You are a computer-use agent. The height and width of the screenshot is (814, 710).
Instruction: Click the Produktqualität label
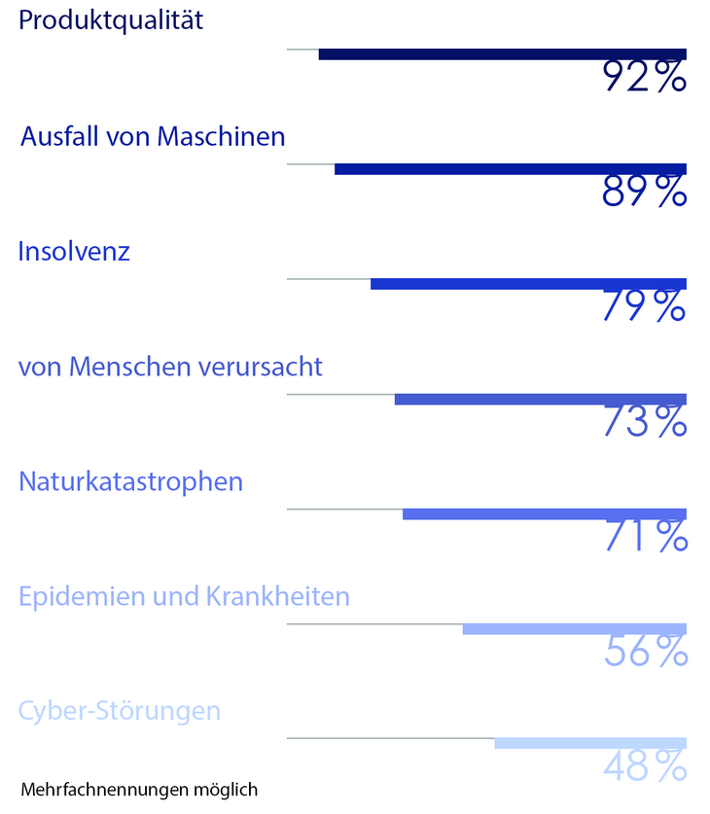click(x=111, y=20)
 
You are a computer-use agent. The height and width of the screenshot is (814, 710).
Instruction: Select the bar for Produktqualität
click(x=502, y=54)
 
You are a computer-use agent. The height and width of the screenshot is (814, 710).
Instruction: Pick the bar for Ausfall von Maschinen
click(x=510, y=169)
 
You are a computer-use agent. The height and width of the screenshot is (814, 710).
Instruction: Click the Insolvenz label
click(x=74, y=252)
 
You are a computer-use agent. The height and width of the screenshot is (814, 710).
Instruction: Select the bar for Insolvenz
click(x=528, y=284)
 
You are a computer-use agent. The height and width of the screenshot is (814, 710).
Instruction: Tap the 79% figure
click(x=644, y=306)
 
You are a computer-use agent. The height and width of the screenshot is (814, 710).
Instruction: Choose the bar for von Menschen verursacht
click(x=540, y=399)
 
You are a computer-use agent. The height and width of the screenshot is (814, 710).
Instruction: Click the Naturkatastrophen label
click(x=130, y=481)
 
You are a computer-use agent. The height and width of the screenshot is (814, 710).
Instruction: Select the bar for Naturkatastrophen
click(x=544, y=513)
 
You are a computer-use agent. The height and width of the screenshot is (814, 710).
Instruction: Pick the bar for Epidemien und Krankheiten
click(x=574, y=628)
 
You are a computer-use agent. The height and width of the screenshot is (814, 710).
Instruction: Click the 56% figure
click(x=644, y=652)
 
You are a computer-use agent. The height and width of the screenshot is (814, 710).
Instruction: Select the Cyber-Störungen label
click(x=120, y=711)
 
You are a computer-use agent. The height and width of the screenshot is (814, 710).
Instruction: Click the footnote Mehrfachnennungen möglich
click(x=139, y=789)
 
